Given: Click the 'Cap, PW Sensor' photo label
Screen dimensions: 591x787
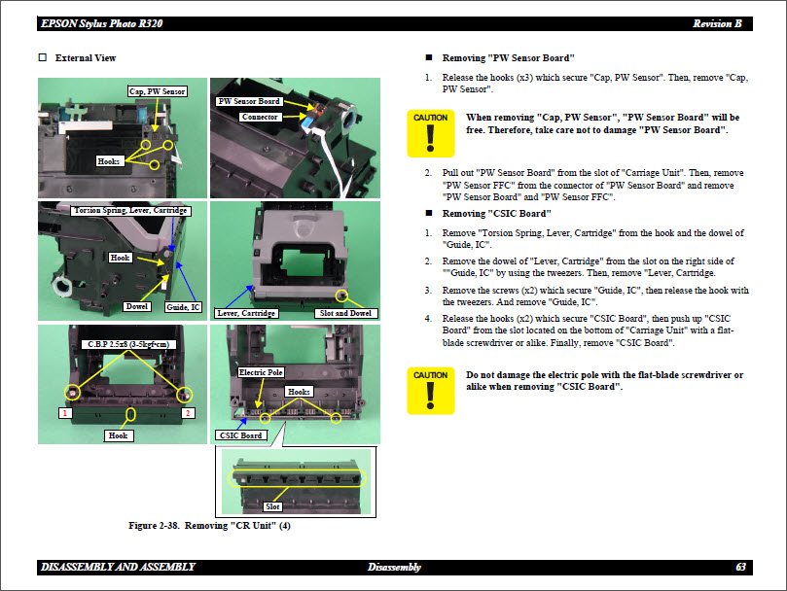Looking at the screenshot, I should click(x=157, y=91).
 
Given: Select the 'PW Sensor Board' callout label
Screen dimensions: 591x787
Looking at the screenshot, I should click(x=248, y=101).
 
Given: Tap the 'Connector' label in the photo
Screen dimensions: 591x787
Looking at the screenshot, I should click(x=261, y=117).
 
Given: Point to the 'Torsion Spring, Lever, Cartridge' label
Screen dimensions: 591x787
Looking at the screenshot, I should click(x=129, y=210).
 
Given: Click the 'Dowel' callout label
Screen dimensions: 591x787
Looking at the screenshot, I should click(x=137, y=306).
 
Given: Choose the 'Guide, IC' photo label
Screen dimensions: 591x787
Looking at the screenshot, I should click(x=183, y=307).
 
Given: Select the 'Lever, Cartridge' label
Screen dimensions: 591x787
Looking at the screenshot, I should click(x=246, y=313).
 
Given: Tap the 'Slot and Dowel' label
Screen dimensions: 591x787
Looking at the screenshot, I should click(x=345, y=313).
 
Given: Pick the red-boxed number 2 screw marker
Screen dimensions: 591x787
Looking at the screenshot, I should click(x=189, y=413).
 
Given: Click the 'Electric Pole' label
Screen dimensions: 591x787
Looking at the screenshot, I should click(x=261, y=372).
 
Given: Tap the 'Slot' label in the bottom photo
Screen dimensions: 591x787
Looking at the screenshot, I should click(x=273, y=506).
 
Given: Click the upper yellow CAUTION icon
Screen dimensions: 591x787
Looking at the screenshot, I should click(x=430, y=134).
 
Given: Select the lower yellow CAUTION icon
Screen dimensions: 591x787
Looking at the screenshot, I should click(x=430, y=392).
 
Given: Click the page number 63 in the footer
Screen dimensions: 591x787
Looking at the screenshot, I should click(x=740, y=567).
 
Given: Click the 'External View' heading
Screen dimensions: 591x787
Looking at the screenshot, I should click(x=86, y=58).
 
